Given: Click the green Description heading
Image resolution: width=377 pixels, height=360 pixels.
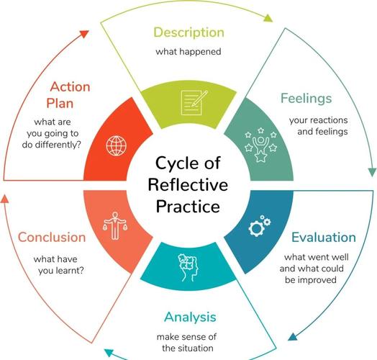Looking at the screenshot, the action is coord(188,32).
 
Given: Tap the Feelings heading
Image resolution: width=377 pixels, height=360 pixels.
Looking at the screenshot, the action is coord(306,99).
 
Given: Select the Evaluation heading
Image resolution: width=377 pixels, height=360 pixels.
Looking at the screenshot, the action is coord(324,238).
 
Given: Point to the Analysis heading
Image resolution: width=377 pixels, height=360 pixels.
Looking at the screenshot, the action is coord(190,318).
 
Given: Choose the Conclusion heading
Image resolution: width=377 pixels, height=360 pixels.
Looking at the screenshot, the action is coord(52,238).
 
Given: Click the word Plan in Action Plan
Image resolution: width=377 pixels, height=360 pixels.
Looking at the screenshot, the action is coord(60,104).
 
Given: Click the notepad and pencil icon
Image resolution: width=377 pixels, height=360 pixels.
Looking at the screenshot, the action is coord(194,102).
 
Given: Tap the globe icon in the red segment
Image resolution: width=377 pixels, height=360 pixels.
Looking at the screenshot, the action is coord(116,146).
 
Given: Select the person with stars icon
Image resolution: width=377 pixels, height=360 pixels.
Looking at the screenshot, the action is coord(260,145).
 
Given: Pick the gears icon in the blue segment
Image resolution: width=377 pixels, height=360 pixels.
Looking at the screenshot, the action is coord(260,225).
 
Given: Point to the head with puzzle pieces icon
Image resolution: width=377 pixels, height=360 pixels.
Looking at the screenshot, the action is coord(188,268).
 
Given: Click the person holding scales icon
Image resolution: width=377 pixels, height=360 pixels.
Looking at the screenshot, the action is coord(115,226).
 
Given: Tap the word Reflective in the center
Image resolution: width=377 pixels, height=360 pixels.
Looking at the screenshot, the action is coord(188,185).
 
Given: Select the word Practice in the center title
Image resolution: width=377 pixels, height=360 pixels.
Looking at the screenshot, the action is coord(188,207).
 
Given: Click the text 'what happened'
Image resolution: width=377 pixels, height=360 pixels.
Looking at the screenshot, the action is coord(188,52).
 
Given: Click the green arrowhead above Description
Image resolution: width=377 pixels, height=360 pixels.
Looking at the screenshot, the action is coord(268,18).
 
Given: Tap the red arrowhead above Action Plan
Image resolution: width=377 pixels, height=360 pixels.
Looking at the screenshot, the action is coord(84,33).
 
